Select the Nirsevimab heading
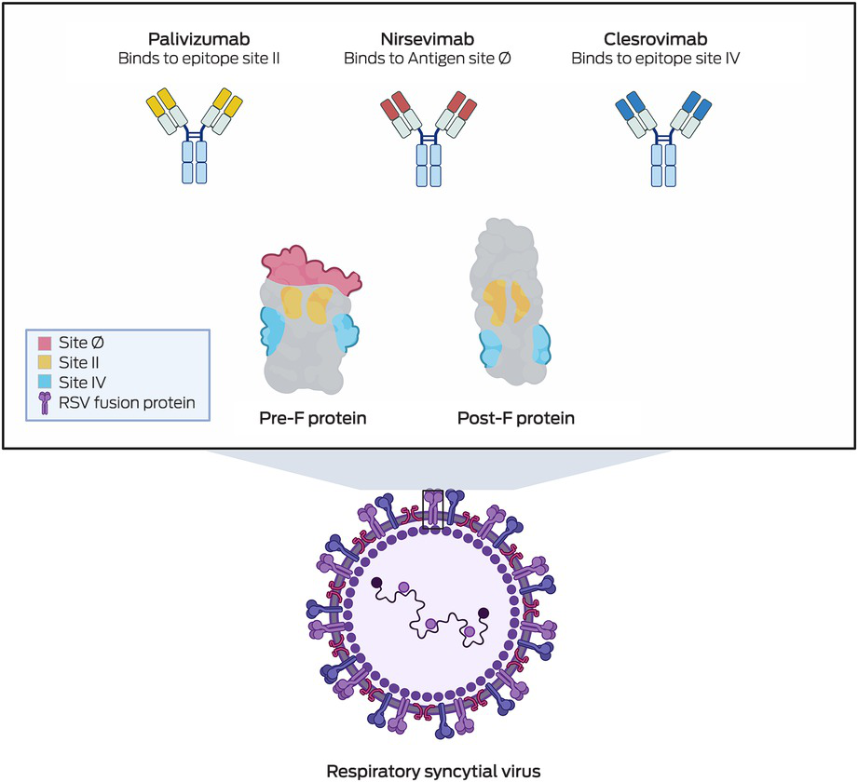click(428, 40)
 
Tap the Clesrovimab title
click(655, 40)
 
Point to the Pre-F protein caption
click(312, 417)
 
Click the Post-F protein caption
click(515, 418)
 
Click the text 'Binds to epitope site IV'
click(655, 59)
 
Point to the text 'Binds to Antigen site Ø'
click(428, 59)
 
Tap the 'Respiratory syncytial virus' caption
click(429, 770)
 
